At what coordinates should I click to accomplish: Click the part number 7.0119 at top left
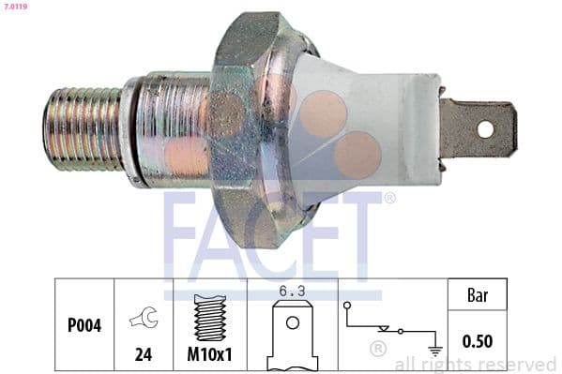15,7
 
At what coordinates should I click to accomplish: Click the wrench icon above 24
144,318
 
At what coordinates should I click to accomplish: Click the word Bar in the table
478,297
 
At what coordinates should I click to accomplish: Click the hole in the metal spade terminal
486,128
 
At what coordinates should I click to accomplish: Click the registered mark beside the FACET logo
389,198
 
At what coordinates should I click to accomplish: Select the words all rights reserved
475,364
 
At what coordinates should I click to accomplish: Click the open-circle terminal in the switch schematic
348,306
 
